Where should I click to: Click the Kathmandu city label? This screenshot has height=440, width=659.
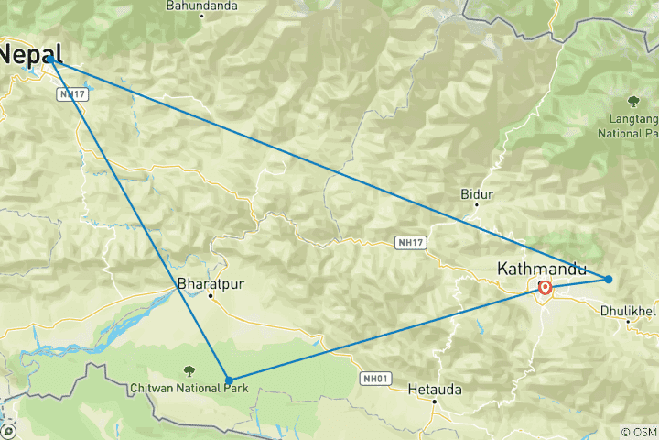pos(539,269)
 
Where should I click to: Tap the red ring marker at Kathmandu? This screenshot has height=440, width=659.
pos(545,288)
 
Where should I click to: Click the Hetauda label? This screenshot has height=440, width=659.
pos(435,390)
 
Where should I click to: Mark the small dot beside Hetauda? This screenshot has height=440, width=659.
pos(435,401)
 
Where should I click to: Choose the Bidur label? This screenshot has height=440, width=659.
pos(478,194)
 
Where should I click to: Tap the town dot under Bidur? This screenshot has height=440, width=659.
pos(476,205)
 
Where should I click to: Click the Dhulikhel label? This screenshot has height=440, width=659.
pos(629,311)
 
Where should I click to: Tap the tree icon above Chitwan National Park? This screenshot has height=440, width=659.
pos(189,370)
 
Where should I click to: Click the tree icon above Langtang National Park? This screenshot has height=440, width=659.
pos(632,101)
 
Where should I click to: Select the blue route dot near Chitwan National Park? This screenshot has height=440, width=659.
pos(229,379)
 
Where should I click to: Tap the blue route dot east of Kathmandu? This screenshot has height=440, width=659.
pos(609,279)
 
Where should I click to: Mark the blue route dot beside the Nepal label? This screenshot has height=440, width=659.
pos(51,60)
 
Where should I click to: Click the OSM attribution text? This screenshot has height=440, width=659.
pos(640,431)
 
